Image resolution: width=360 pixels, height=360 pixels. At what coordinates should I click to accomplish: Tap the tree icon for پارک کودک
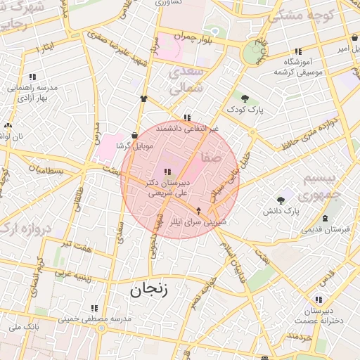click(x=244, y=98)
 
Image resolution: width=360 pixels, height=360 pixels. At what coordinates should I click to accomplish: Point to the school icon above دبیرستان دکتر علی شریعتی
click(x=167, y=172)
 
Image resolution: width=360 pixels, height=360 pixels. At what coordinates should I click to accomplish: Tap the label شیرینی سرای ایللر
click(x=202, y=221)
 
